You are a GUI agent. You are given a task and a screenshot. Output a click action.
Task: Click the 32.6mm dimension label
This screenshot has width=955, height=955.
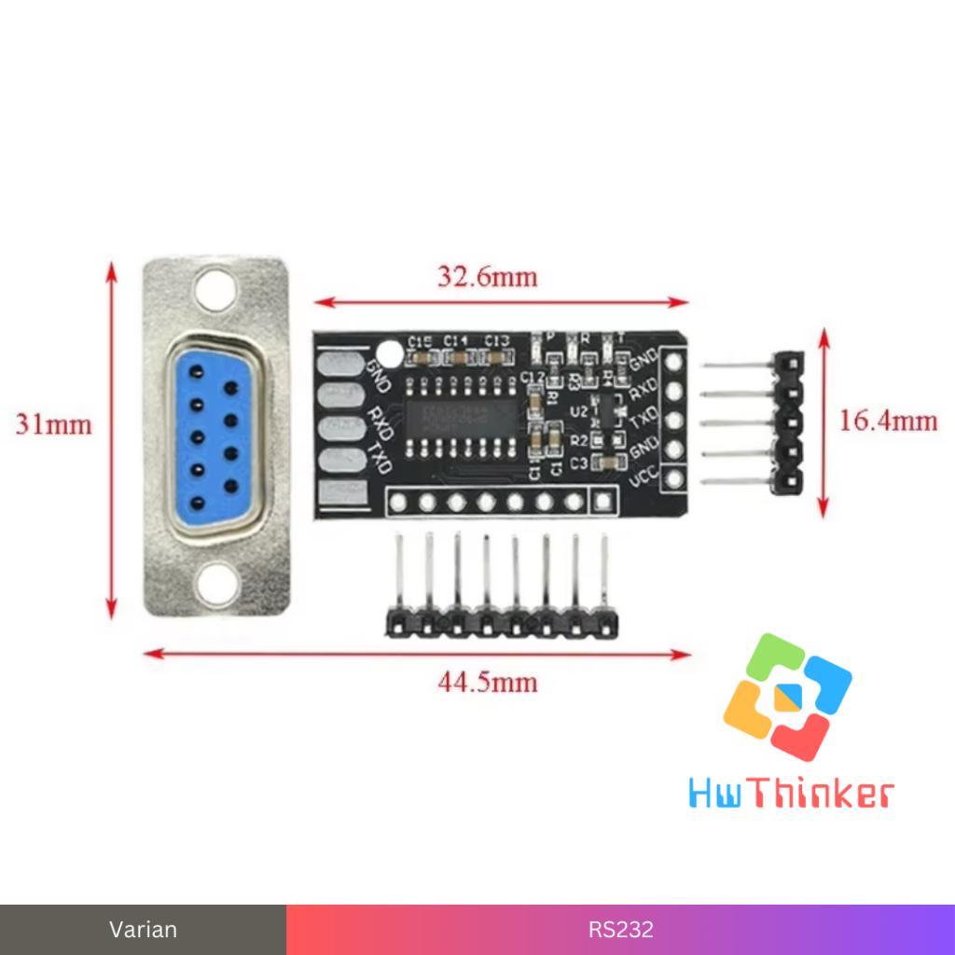pyautogui.click(x=487, y=277)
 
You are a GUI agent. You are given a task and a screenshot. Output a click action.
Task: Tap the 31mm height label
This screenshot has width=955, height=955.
pyautogui.click(x=54, y=425)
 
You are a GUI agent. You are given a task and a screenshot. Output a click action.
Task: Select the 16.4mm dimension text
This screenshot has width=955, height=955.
pyautogui.click(x=888, y=422)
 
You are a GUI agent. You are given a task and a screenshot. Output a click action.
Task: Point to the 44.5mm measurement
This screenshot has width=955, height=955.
pyautogui.click(x=488, y=683)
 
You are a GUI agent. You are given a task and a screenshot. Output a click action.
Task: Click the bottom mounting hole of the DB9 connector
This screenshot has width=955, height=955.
pyautogui.click(x=215, y=585)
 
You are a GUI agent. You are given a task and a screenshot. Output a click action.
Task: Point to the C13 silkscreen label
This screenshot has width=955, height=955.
pyautogui.click(x=497, y=340)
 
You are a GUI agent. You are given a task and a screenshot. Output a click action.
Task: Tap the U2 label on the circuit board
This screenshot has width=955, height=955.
pyautogui.click(x=579, y=410)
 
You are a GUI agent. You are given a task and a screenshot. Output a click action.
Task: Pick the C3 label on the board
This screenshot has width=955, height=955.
pyautogui.click(x=578, y=463)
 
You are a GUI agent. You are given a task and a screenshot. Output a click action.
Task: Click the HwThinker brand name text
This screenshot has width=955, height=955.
pyautogui.click(x=791, y=795)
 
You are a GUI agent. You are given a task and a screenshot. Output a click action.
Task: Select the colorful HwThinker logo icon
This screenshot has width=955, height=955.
pyautogui.click(x=787, y=696)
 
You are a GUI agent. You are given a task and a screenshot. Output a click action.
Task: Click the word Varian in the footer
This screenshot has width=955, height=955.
pyautogui.click(x=143, y=930)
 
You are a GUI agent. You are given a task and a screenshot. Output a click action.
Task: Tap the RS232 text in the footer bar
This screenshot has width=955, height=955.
pyautogui.click(x=620, y=930)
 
